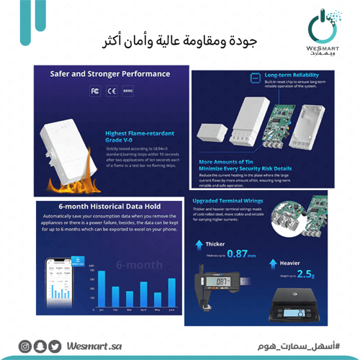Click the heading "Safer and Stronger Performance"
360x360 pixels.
click(110, 73)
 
